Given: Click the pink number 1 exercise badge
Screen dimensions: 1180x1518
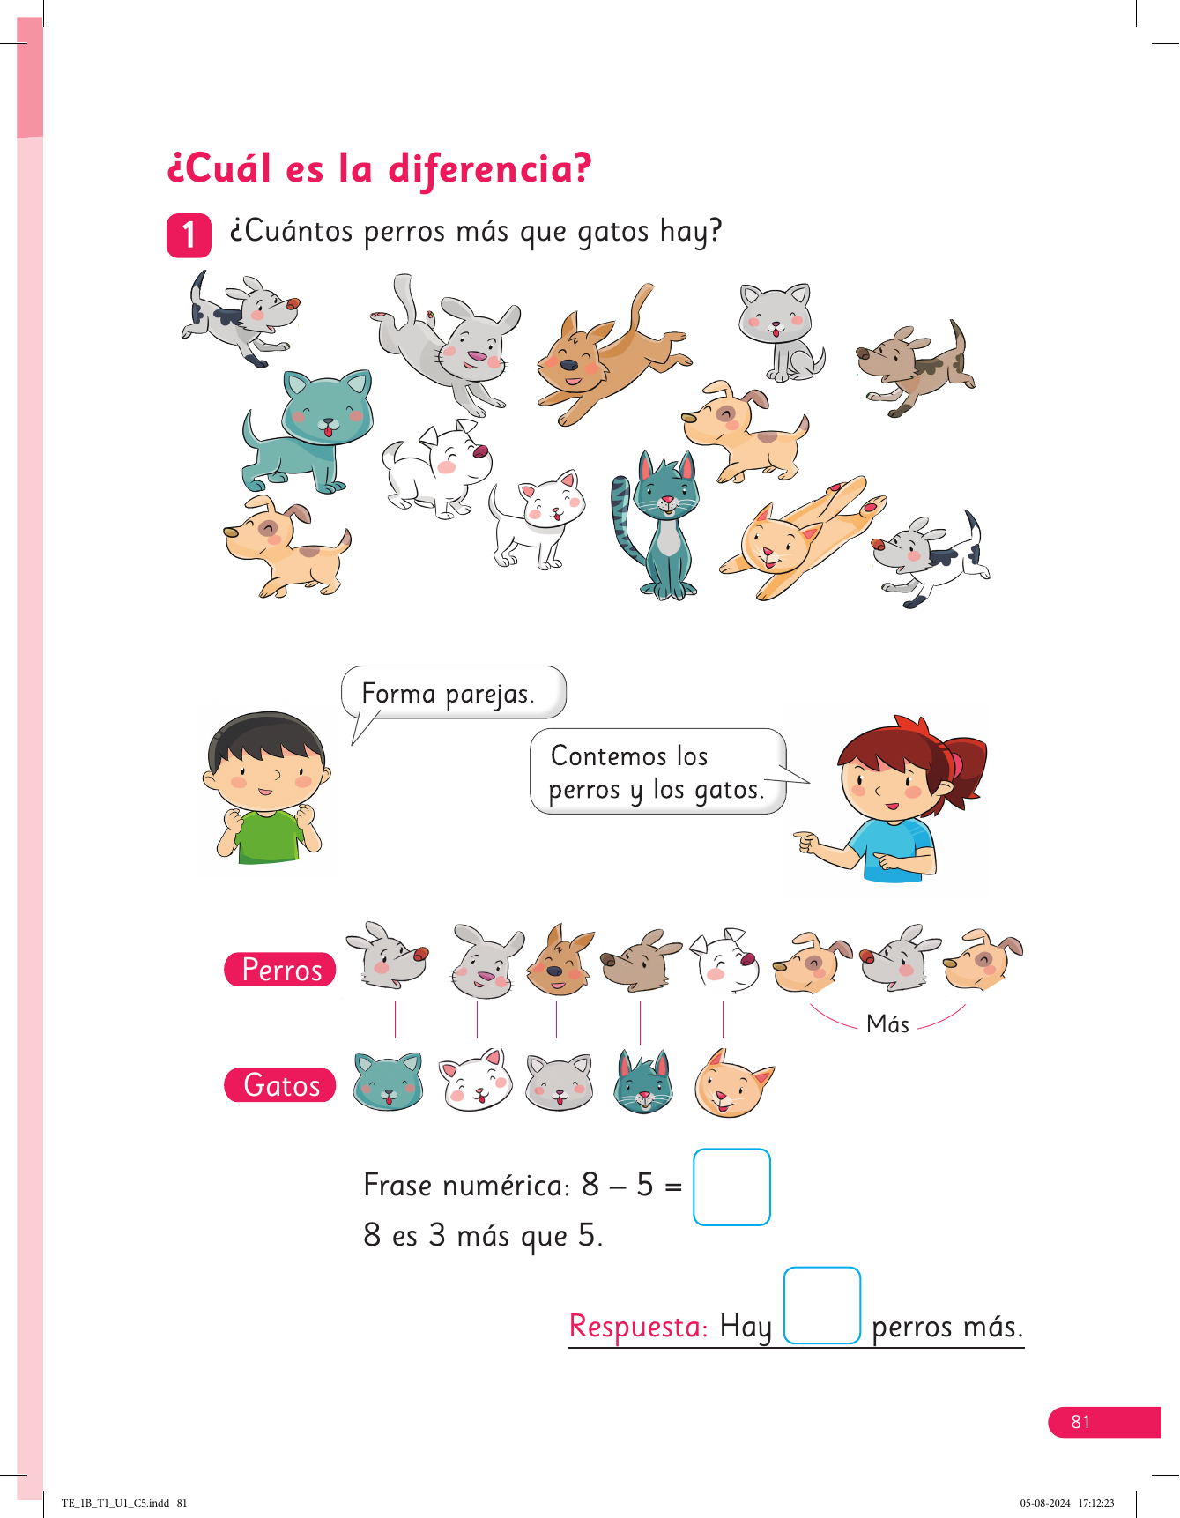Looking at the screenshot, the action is [189, 235].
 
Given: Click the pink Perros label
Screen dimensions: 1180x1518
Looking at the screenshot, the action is [280, 970].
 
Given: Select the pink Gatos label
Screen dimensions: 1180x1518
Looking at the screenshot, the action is [280, 1085].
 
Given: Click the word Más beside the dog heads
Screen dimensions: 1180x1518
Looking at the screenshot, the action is [887, 1023].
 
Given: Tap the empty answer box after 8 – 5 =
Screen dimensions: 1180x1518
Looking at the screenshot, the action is [731, 1187].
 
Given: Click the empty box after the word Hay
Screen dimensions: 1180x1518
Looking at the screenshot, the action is [821, 1306].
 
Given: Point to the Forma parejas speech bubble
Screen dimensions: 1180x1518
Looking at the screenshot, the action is [453, 694].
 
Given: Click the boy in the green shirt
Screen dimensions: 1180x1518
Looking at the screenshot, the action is [266, 787].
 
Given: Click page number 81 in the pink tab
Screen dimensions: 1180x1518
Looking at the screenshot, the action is [1080, 1422].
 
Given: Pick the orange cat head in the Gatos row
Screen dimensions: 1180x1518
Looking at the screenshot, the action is [731, 1083].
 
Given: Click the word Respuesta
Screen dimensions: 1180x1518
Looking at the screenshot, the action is [638, 1326].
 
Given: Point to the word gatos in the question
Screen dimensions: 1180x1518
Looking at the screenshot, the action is [613, 233].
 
